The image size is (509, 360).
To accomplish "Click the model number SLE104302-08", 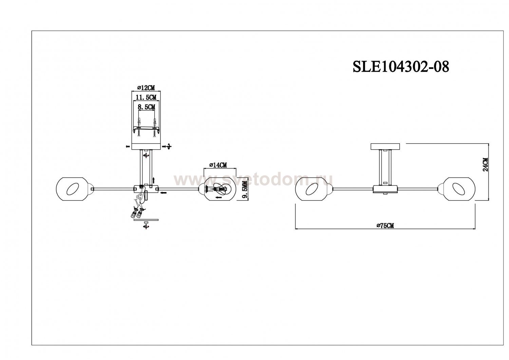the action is [x=401, y=67].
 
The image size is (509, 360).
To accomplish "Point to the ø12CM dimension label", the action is [x=146, y=88].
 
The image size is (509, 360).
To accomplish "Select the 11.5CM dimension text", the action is [x=146, y=97].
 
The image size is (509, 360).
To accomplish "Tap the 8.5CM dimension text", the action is [x=147, y=107].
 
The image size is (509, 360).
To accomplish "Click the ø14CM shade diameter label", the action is [x=219, y=165].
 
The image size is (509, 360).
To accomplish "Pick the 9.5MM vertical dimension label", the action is [x=245, y=190].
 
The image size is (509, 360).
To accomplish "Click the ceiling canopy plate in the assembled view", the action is [x=385, y=146].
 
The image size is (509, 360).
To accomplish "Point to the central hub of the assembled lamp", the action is [x=385, y=189].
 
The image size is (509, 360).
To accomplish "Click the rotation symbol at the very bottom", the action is [x=146, y=226].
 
